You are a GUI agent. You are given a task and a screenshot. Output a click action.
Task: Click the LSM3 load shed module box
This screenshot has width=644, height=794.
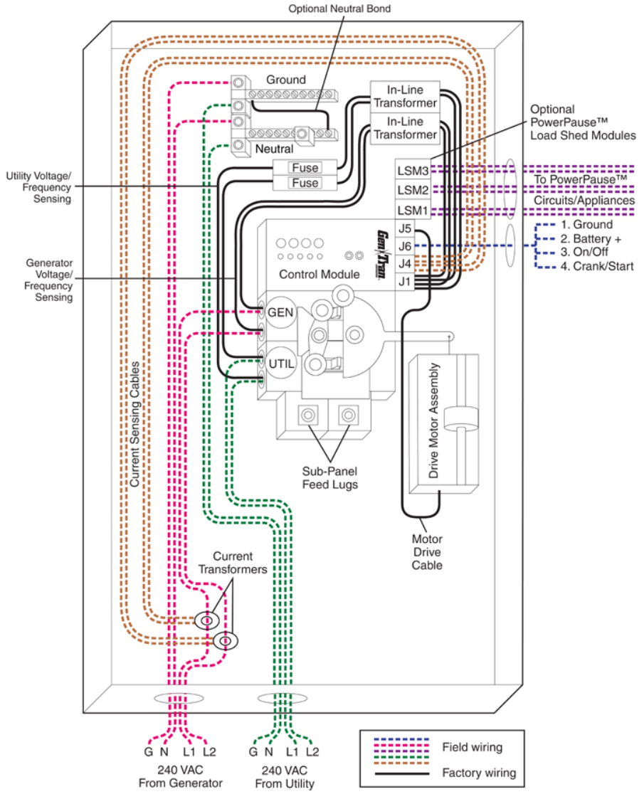pyautogui.click(x=413, y=171)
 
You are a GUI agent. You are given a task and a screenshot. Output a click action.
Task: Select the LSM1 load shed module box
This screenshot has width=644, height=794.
pyautogui.click(x=413, y=211)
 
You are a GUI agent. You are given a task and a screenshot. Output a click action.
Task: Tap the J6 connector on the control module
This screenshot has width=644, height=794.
pyautogui.click(x=406, y=246)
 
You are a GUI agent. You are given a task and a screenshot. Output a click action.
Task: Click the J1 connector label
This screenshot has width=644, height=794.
pyautogui.click(x=406, y=282)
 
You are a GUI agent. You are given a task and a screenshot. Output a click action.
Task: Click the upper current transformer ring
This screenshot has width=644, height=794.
pyautogui.click(x=207, y=621)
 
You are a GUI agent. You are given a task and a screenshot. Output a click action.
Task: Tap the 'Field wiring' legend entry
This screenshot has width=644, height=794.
pyautogui.click(x=471, y=747)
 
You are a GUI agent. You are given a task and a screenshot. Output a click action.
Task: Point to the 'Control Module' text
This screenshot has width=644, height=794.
pyautogui.click(x=319, y=274)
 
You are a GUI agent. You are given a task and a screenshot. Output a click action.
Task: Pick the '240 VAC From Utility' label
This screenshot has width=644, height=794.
pyautogui.click(x=284, y=777)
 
